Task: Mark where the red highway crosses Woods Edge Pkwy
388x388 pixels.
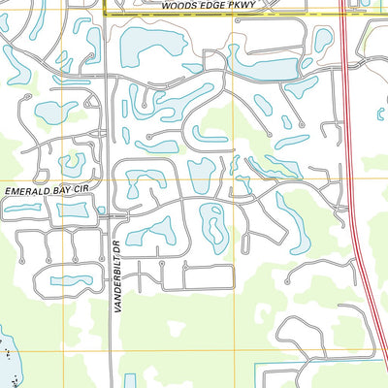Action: point(343,15)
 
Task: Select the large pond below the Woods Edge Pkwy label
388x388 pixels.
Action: point(145,44)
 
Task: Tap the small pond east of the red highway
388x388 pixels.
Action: point(380,114)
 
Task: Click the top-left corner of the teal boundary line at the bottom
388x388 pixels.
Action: point(254,367)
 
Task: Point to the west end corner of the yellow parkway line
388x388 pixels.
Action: point(105,14)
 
